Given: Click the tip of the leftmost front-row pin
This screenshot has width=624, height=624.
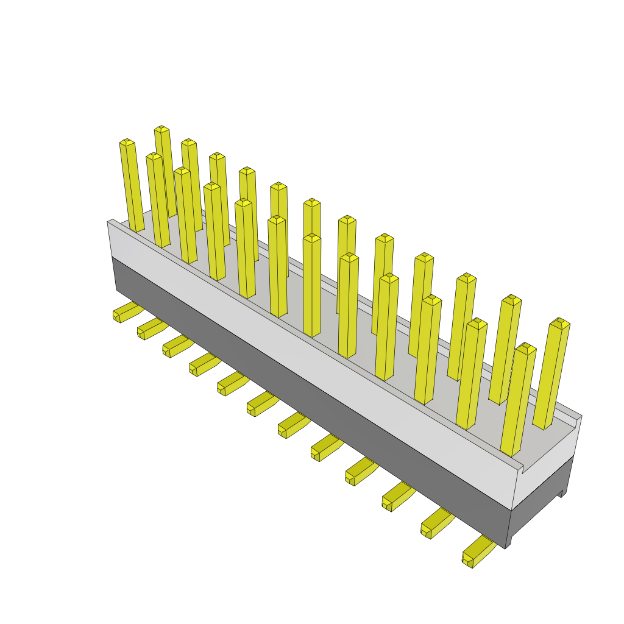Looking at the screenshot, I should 127,143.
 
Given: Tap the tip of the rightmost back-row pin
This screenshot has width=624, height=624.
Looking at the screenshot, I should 559,322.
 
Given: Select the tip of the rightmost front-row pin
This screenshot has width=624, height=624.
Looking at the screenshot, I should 525,348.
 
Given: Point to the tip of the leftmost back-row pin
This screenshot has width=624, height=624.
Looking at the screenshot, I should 161,129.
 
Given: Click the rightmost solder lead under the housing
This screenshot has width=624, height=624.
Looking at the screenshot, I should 477,552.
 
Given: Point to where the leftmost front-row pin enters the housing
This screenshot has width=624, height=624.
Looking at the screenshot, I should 137,230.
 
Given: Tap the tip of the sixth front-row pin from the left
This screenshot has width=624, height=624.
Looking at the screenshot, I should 277,219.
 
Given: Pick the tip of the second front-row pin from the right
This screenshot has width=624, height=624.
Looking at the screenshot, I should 477,323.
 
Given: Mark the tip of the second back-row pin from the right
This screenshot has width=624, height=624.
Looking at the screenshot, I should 512,300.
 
